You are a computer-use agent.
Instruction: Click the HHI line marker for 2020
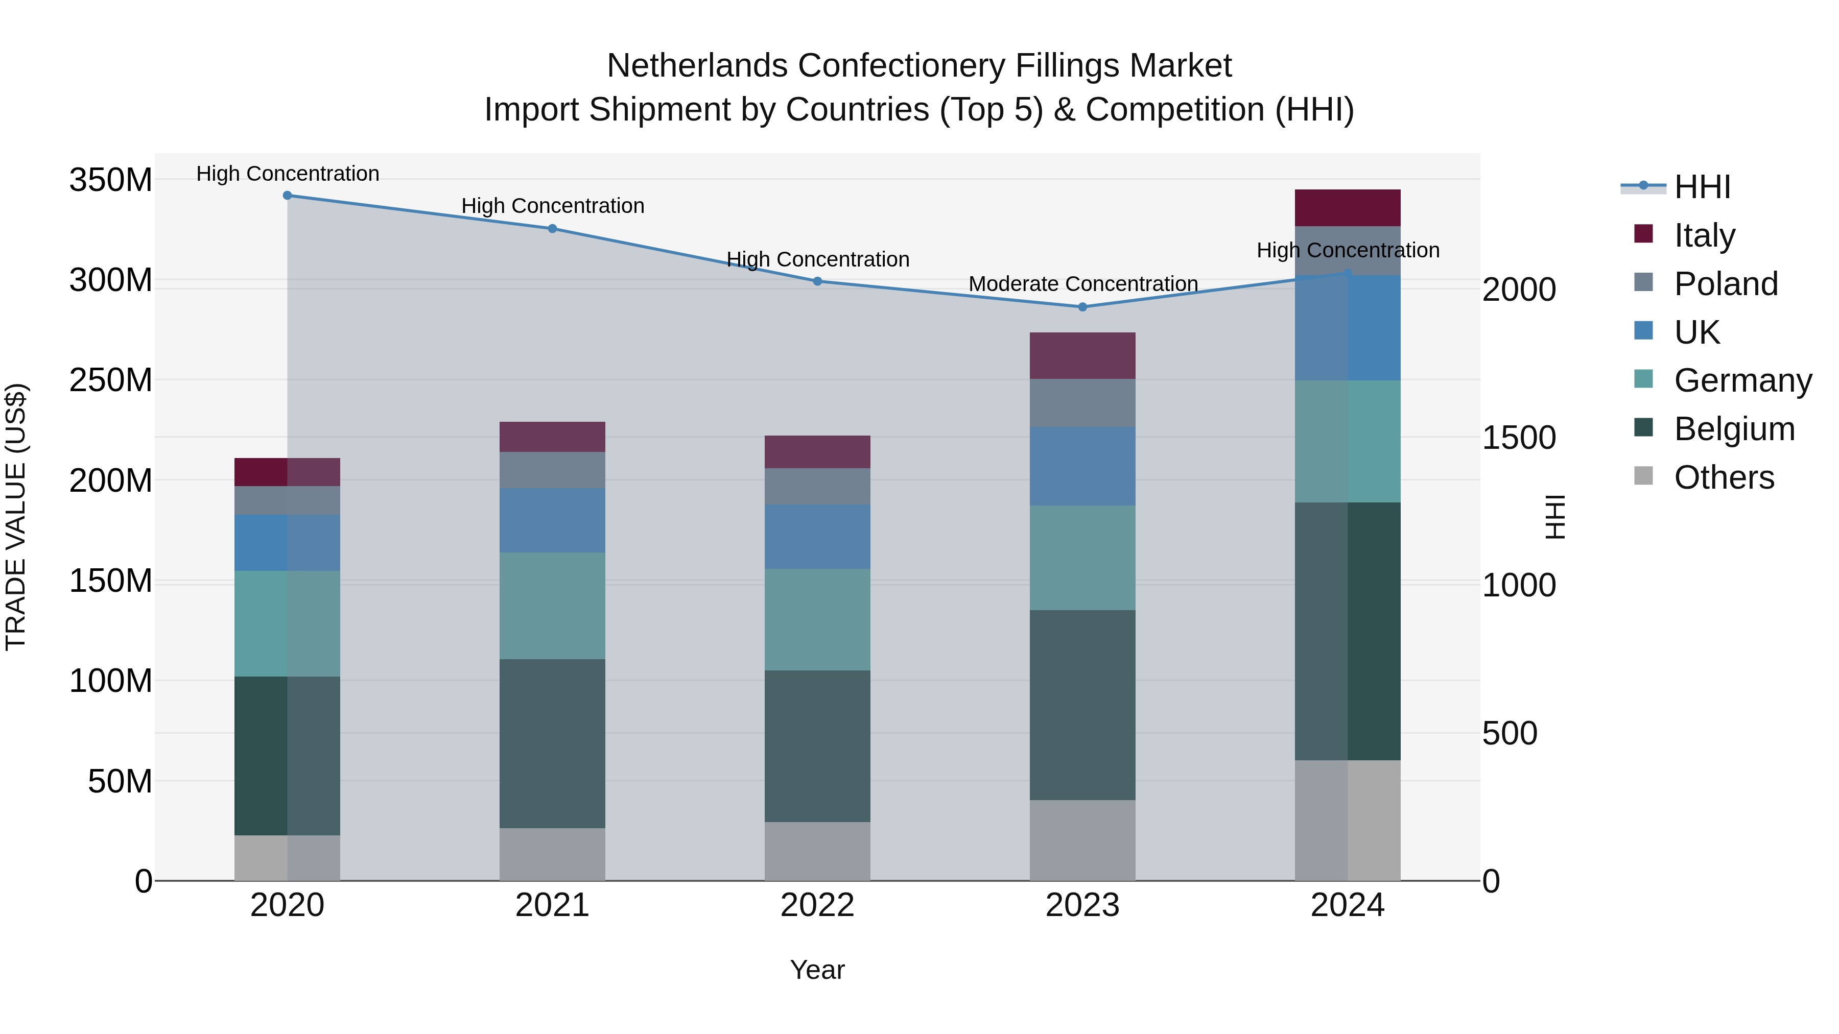click(287, 196)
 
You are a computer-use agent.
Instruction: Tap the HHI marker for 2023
click(1082, 307)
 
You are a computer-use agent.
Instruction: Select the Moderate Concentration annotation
click(1082, 284)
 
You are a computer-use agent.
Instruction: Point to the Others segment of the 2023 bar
click(1082, 840)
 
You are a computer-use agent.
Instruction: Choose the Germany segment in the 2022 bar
click(817, 619)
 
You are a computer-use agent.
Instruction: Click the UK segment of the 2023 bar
click(1082, 466)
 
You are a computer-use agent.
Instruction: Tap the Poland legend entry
click(1726, 284)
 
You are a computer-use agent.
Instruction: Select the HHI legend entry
click(1702, 187)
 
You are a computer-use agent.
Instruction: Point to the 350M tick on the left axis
click(111, 180)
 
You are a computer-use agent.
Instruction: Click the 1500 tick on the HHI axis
click(1519, 438)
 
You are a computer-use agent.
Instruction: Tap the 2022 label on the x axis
click(817, 905)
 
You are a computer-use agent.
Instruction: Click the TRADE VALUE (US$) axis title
click(16, 517)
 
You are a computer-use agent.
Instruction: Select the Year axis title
click(817, 970)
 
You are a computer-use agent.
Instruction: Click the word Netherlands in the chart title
click(697, 66)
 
